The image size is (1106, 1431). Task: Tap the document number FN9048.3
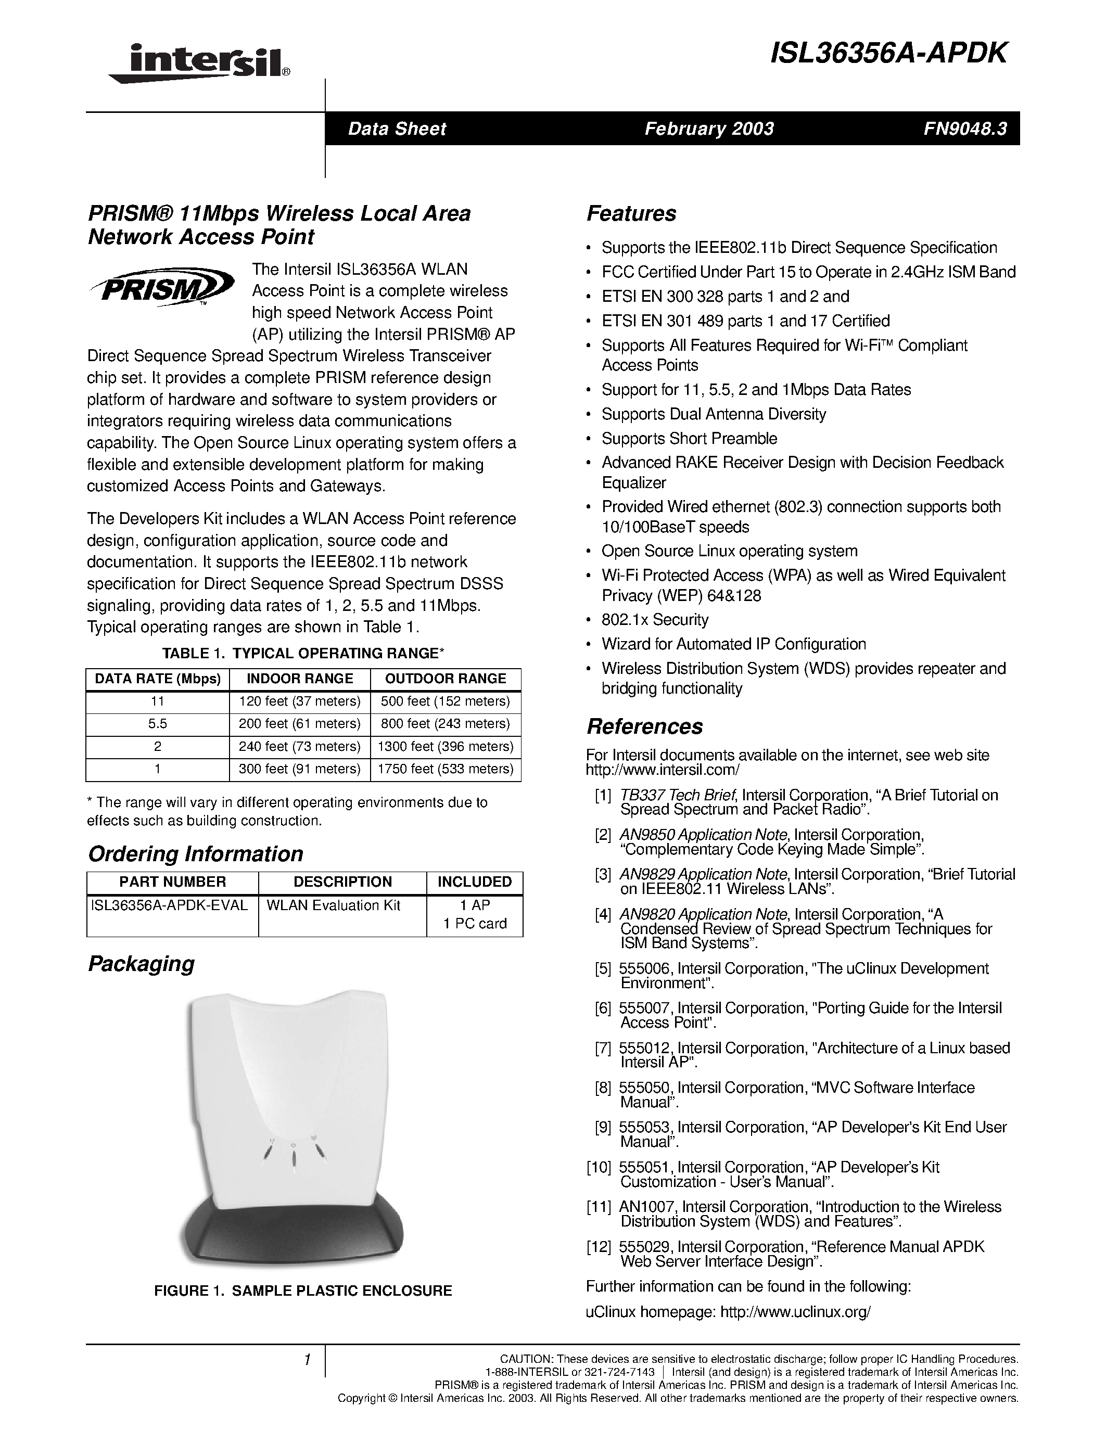click(964, 129)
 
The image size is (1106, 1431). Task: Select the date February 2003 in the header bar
click(708, 129)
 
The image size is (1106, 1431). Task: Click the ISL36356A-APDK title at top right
click(888, 54)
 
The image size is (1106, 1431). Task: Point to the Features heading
click(631, 213)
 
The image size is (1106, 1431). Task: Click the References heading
click(644, 726)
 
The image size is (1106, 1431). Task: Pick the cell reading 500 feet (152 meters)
click(445, 701)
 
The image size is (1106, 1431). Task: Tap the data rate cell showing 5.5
click(157, 723)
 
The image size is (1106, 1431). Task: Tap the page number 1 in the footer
click(307, 1360)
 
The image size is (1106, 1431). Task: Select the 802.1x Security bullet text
click(655, 620)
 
